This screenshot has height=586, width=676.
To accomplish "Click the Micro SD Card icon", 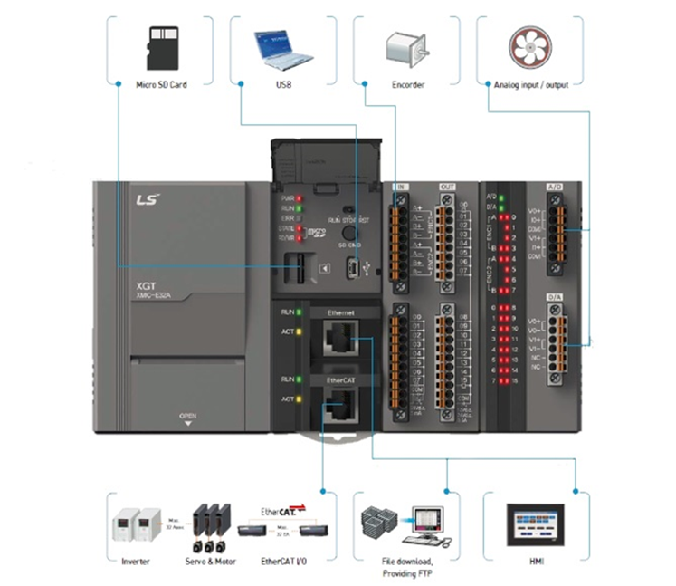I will coord(160,45).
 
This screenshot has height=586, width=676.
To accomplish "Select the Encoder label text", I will coord(408,85).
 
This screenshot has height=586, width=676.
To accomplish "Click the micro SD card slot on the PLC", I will coord(293,268).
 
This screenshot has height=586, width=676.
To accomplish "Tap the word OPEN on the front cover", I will coord(187,417).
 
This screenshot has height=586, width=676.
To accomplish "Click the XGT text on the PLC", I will coord(144,283).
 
